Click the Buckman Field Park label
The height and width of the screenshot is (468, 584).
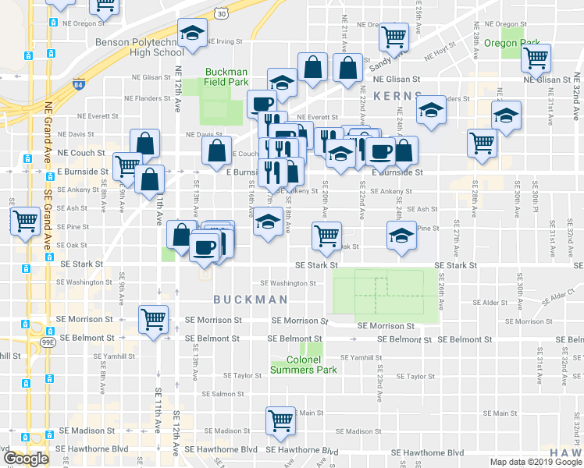click(226, 76)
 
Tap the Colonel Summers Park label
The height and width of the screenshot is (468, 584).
click(304, 364)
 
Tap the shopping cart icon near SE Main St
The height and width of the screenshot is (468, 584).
click(280, 420)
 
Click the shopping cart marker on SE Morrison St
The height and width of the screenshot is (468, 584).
click(153, 318)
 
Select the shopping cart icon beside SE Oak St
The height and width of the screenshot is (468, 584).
click(326, 235)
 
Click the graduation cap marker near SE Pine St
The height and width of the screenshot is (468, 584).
click(401, 235)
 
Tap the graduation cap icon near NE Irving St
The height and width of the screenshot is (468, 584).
click(190, 33)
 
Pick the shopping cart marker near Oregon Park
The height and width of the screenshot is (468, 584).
click(536, 57)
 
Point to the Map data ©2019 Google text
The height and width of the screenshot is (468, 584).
click(536, 462)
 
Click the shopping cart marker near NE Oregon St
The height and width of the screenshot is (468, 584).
click(393, 36)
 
